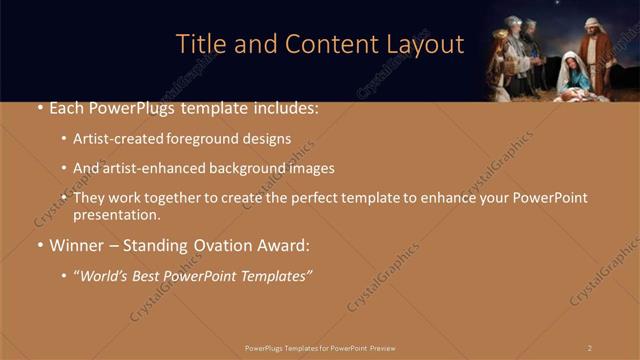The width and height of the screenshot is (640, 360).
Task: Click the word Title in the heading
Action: coord(200,45)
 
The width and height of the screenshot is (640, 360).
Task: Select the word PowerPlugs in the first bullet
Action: coord(125,108)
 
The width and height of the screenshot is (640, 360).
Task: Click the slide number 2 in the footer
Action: coord(590,348)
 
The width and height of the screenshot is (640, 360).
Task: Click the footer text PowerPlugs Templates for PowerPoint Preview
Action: coord(320,348)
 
